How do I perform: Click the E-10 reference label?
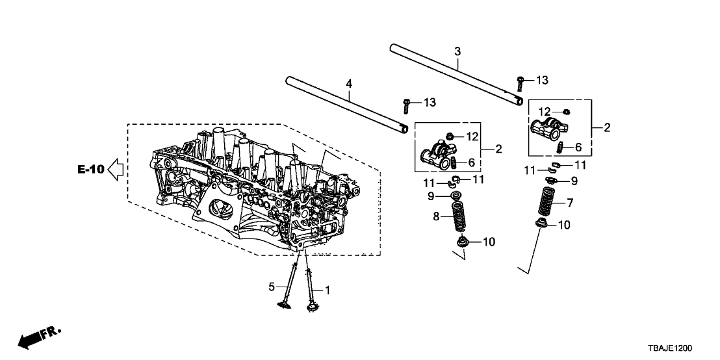(91, 169)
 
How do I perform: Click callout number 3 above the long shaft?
(457, 51)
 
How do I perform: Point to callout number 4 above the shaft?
(349, 84)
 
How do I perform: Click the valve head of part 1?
(313, 305)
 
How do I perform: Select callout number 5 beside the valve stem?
(272, 287)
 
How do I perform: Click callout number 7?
(570, 202)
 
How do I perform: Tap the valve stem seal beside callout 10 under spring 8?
(463, 242)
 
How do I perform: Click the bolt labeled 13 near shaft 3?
(521, 83)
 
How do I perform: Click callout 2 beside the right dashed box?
(607, 127)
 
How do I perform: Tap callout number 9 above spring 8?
(431, 196)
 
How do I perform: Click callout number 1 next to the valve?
(328, 290)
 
